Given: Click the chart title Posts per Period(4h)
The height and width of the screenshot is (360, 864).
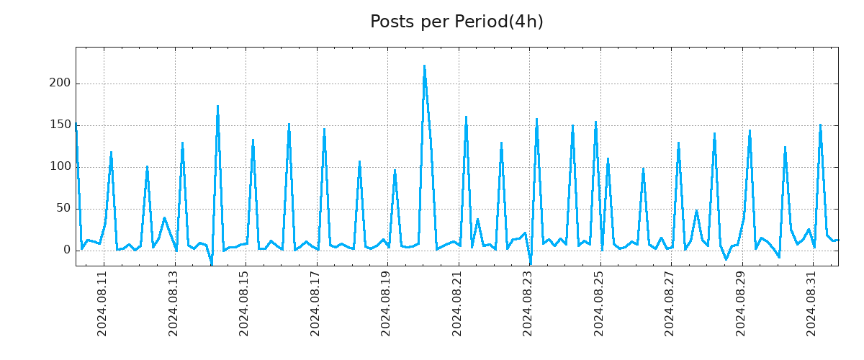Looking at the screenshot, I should coord(456,22).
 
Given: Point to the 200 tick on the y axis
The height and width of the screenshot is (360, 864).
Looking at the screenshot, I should coord(60,84).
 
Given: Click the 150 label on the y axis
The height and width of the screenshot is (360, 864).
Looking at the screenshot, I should coord(60,125).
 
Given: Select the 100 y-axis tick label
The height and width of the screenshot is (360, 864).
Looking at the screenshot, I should coord(60,167).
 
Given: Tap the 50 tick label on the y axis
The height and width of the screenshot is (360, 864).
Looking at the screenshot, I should coord(63,209).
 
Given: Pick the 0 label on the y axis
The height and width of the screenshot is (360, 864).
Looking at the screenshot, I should coord(67,251).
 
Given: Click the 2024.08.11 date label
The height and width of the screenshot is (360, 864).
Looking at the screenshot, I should coord(102,303).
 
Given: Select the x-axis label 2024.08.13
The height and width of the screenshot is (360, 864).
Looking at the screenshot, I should coord(174,303).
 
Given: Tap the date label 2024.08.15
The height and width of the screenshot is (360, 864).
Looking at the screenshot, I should coord(244,303).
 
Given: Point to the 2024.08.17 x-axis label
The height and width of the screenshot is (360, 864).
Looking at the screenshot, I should coord(315,303).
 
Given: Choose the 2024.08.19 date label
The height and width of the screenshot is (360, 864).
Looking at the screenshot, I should coord(387,303).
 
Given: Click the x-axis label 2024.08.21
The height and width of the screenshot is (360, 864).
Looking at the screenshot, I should coord(457,303).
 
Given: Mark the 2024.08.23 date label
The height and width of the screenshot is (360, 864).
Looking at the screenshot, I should coord(528,303).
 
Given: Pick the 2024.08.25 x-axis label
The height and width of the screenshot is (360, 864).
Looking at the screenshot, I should coord(599,303).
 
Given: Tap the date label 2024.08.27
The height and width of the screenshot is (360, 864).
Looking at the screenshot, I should coord(670,303).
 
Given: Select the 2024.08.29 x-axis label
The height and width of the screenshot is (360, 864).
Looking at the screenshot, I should coord(741,303).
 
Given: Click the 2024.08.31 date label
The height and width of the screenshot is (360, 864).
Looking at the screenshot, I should coord(812,303).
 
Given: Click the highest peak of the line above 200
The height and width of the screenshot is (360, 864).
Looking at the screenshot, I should coord(424,66).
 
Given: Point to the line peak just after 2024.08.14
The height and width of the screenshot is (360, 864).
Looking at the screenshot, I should coord(217,107).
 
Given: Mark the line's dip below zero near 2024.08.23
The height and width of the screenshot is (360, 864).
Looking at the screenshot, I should coord(531,264).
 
